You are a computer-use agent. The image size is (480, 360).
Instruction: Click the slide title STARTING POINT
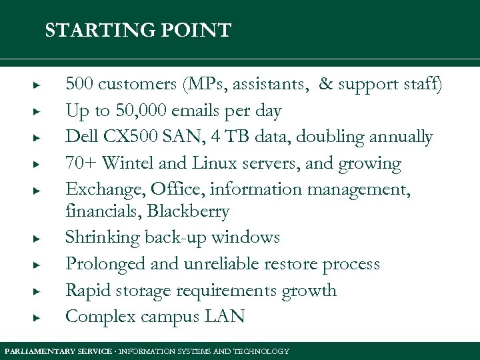point(138,31)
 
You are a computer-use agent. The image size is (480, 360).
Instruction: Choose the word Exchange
point(98,190)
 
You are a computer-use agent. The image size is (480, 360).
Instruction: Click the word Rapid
point(85,291)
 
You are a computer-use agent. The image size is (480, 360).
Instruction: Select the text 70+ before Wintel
point(81,164)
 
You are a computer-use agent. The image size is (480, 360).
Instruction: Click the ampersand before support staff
point(326,84)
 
